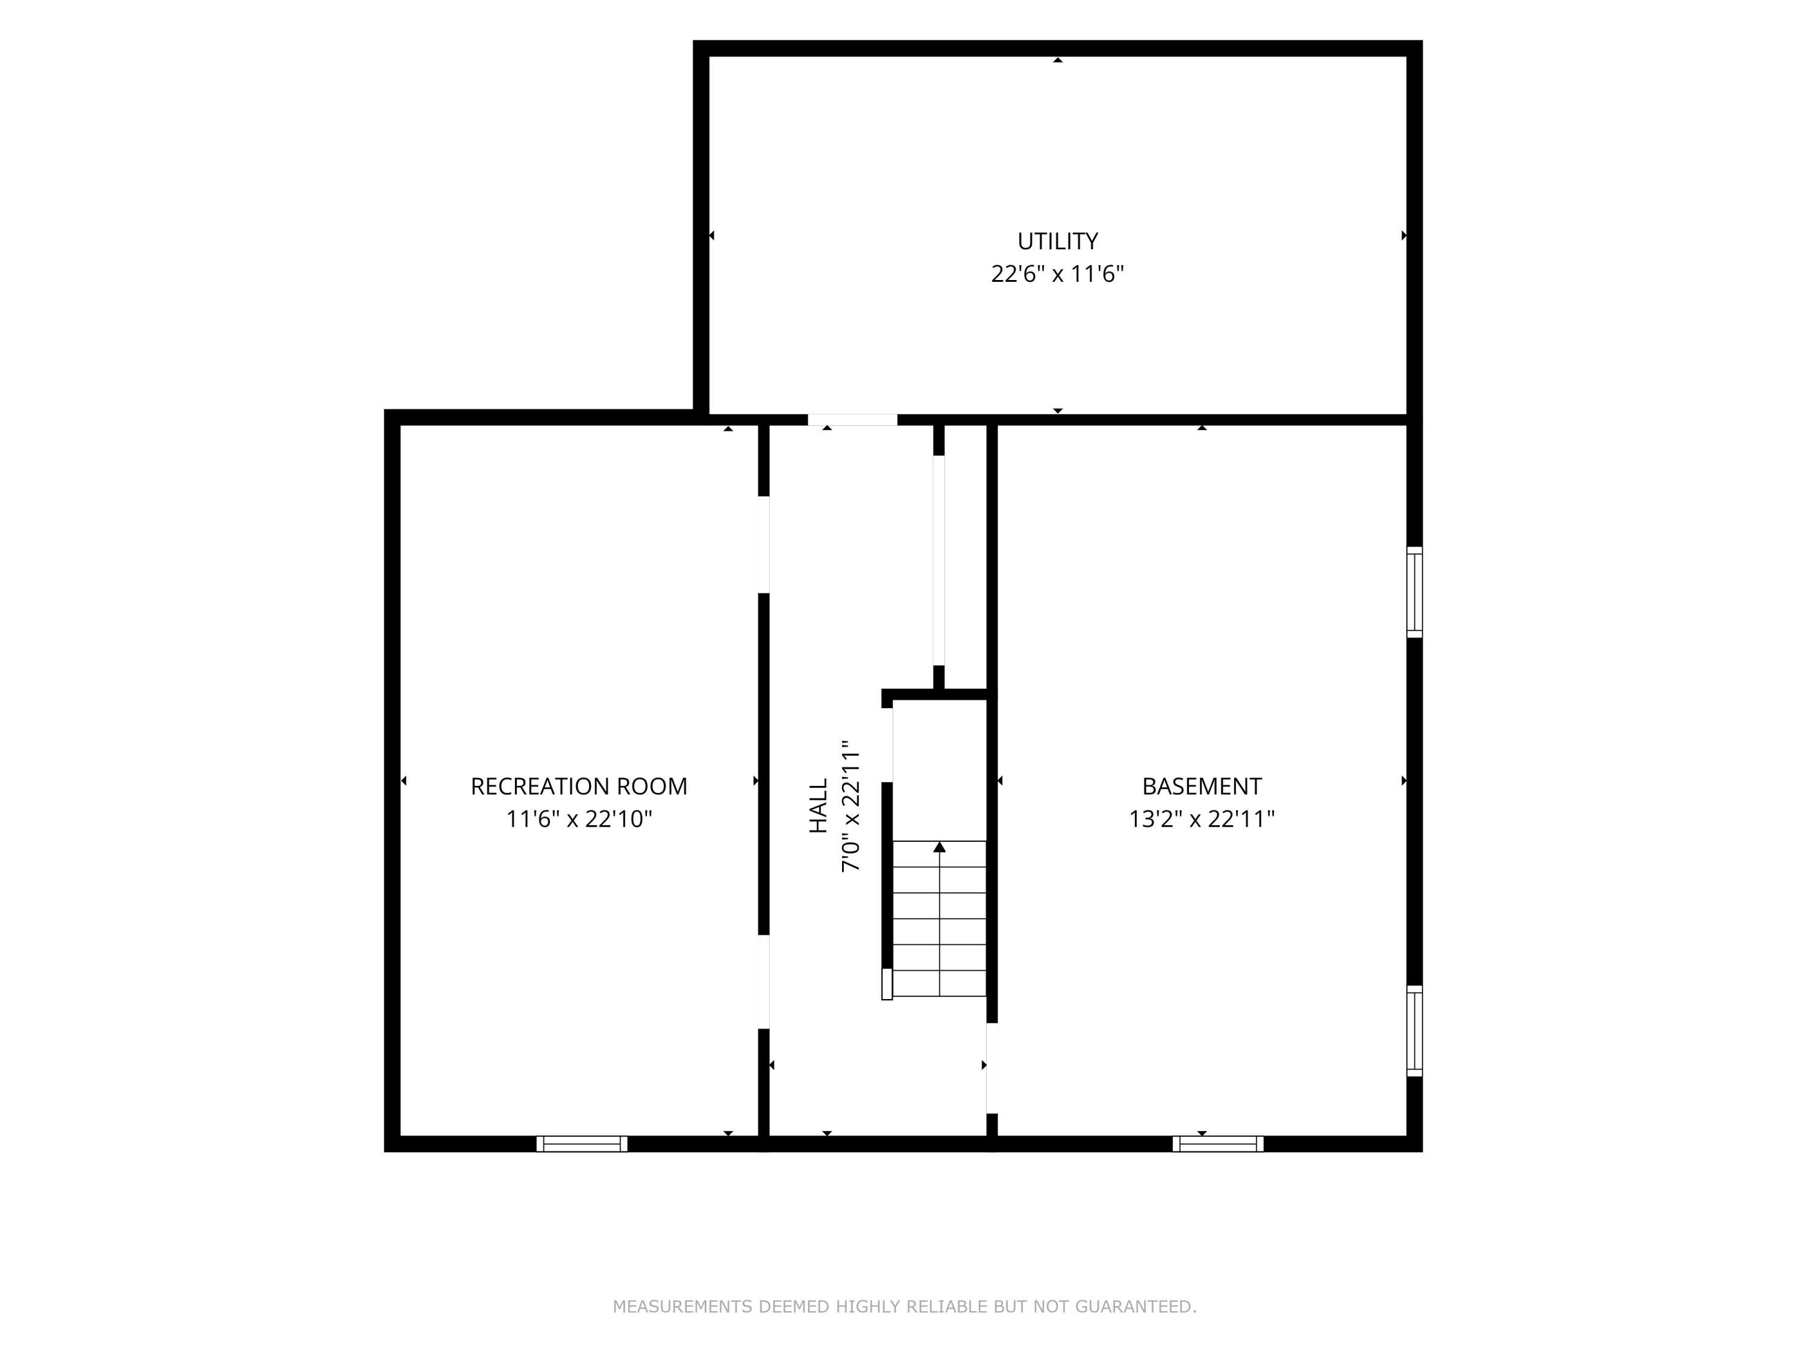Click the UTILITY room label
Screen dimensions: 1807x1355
pos(1057,241)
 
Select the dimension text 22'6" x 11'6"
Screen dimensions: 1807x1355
pos(1057,273)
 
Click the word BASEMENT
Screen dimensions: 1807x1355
pos(1202,787)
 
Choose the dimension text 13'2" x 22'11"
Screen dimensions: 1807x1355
pos(1202,819)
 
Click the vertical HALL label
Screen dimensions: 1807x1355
pos(819,806)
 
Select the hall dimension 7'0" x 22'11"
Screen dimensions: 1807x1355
pos(851,806)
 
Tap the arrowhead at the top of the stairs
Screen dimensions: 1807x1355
pos(940,847)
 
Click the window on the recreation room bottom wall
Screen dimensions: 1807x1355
pos(582,1144)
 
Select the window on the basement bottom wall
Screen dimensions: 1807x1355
pos(1218,1144)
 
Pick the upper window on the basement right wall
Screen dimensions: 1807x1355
pos(1414,592)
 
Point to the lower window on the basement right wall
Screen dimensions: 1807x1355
pos(1414,1031)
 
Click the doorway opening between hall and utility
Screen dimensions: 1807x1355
pos(853,420)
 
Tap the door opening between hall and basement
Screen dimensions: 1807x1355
pos(991,1068)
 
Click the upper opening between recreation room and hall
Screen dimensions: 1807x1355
pos(764,545)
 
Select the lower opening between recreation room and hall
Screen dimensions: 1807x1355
pos(764,982)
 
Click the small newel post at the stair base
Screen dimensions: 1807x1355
pos(887,984)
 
